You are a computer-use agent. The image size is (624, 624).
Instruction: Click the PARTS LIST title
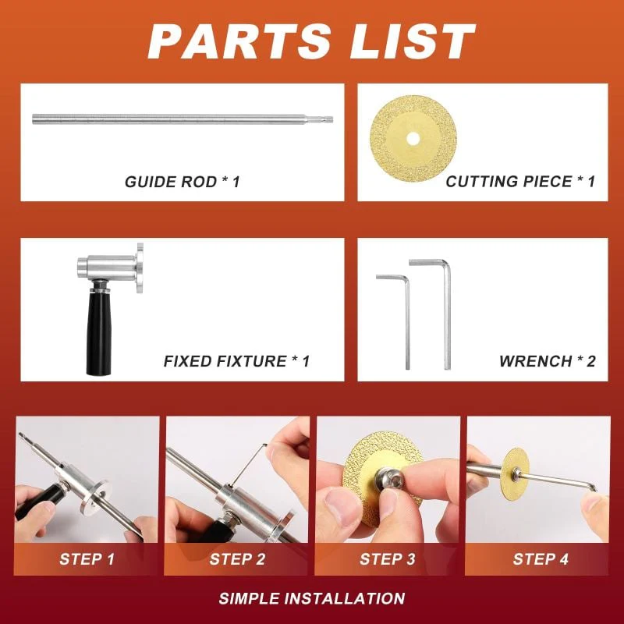(x=312, y=41)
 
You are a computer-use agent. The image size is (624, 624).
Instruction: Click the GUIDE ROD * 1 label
(x=183, y=182)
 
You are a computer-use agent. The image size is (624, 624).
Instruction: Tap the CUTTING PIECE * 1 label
(x=520, y=182)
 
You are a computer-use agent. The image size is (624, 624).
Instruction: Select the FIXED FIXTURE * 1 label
(x=236, y=361)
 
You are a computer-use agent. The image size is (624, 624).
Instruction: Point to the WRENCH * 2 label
(x=547, y=361)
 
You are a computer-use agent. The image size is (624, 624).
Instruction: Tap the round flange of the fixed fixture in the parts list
(x=140, y=268)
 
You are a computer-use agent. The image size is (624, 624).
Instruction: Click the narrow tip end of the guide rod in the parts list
(x=328, y=119)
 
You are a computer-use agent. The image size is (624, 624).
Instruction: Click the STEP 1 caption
(x=87, y=559)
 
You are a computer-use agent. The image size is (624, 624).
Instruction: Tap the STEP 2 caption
(x=236, y=559)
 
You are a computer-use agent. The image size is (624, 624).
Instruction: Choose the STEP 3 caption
(x=387, y=559)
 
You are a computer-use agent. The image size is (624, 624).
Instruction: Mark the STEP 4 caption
(x=537, y=559)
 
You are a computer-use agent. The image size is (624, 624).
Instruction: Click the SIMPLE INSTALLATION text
(x=312, y=599)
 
